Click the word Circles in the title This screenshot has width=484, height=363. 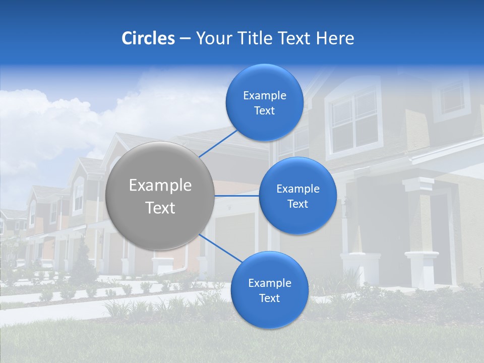click(x=148, y=38)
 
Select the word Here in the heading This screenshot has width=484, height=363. click(x=335, y=38)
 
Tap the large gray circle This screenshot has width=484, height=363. click(x=160, y=196)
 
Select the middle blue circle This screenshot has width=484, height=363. click(x=297, y=196)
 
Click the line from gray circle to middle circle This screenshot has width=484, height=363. click(x=237, y=195)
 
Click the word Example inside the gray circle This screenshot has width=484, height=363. click(x=160, y=185)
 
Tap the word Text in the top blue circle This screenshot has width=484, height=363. click(x=265, y=111)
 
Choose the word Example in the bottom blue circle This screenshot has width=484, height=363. click(x=269, y=283)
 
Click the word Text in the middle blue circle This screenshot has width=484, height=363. click(x=297, y=204)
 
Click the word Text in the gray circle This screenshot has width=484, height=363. click(x=160, y=208)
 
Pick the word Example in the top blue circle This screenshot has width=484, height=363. click(x=265, y=95)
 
